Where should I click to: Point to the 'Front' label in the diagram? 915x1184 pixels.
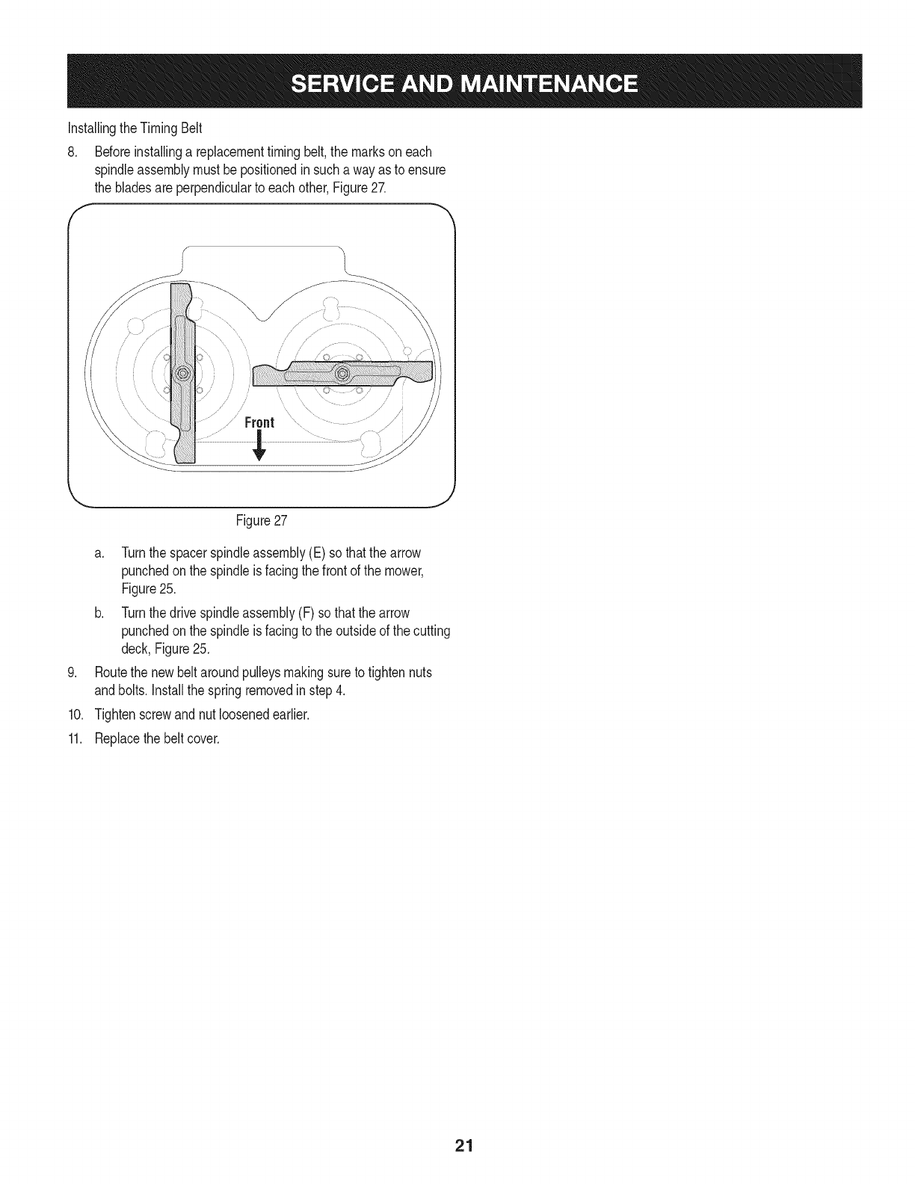pyautogui.click(x=260, y=423)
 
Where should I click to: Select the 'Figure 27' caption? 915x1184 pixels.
pyautogui.click(x=261, y=519)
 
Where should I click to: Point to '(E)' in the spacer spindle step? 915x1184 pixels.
pyautogui.click(x=296, y=553)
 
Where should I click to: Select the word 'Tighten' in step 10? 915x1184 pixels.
pyautogui.click(x=112, y=714)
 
